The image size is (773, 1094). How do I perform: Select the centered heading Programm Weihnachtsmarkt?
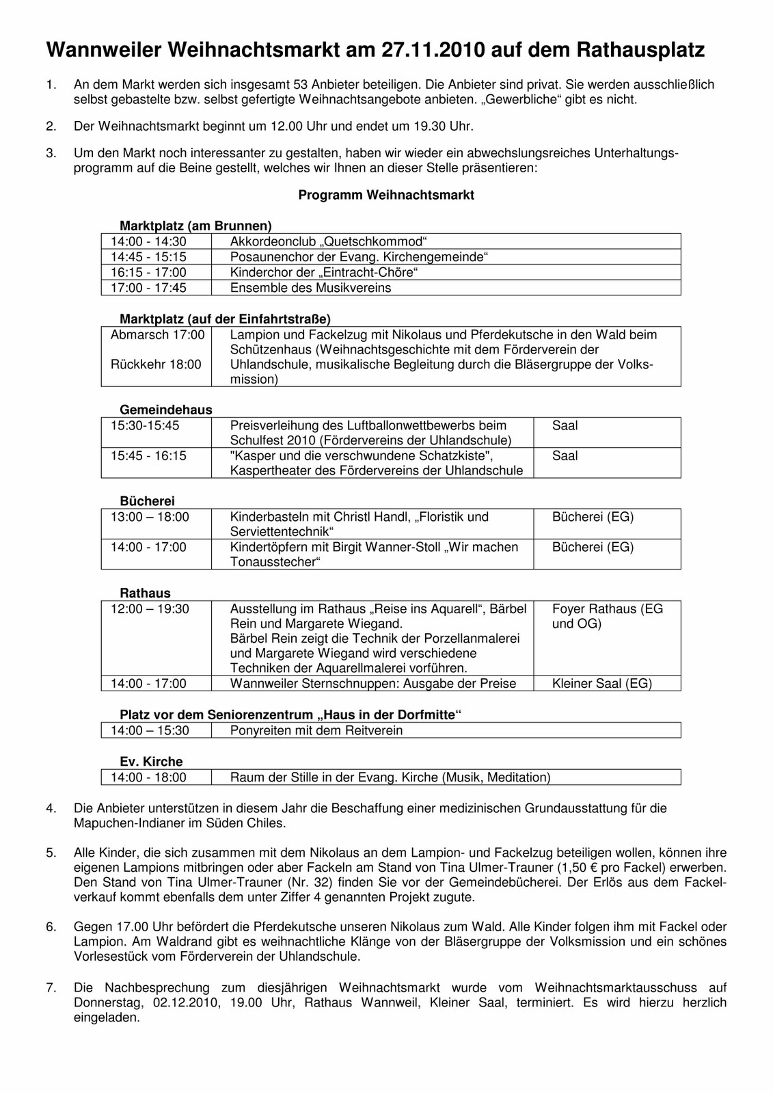(386, 195)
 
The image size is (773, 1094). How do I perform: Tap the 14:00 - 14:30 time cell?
(148, 241)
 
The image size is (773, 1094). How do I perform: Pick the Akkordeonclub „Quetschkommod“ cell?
(328, 241)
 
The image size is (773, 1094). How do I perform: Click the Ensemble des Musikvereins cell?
(310, 288)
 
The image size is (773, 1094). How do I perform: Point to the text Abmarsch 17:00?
(157, 335)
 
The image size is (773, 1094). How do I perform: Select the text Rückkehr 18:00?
(156, 364)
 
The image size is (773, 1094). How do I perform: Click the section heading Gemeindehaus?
(166, 410)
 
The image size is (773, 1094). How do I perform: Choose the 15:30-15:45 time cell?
(145, 425)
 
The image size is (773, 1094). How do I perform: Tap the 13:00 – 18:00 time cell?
(150, 517)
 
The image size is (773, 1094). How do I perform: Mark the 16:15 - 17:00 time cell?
(148, 272)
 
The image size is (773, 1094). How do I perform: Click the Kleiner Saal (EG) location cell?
(601, 683)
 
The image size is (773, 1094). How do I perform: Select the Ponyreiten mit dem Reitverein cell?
(316, 730)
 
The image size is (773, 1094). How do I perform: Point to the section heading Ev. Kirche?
(151, 762)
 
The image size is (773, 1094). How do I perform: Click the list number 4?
(51, 808)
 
